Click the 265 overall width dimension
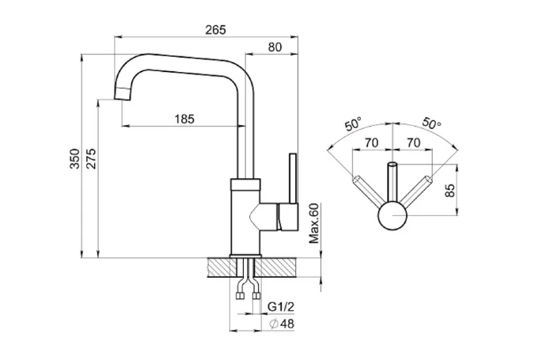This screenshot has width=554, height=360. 215,30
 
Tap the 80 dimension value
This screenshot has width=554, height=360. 275,47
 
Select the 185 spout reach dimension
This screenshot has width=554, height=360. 184,119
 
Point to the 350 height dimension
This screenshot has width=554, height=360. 75,158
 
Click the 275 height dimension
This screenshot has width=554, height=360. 91,158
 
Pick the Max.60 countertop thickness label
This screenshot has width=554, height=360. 314,223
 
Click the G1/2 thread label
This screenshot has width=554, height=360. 281,307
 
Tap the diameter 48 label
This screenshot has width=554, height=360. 282,324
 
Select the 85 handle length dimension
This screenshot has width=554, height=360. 450,191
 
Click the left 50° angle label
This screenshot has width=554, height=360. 353,124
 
